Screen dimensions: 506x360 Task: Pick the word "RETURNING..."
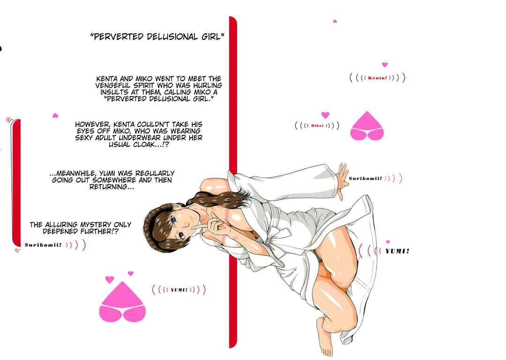[x=112, y=187]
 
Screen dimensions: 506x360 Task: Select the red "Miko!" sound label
[x=317, y=126]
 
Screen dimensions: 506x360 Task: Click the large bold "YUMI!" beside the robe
[x=397, y=251]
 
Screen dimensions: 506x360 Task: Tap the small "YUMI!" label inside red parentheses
[x=179, y=290]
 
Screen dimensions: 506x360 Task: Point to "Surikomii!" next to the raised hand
[x=365, y=178]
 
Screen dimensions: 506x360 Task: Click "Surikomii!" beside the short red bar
[x=43, y=245]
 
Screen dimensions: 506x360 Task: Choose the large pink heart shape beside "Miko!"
[x=367, y=126]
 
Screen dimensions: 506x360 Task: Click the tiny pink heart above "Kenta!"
[x=384, y=65]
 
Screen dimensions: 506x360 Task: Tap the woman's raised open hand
[x=342, y=180]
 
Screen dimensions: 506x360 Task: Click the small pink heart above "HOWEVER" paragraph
[x=55, y=115]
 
